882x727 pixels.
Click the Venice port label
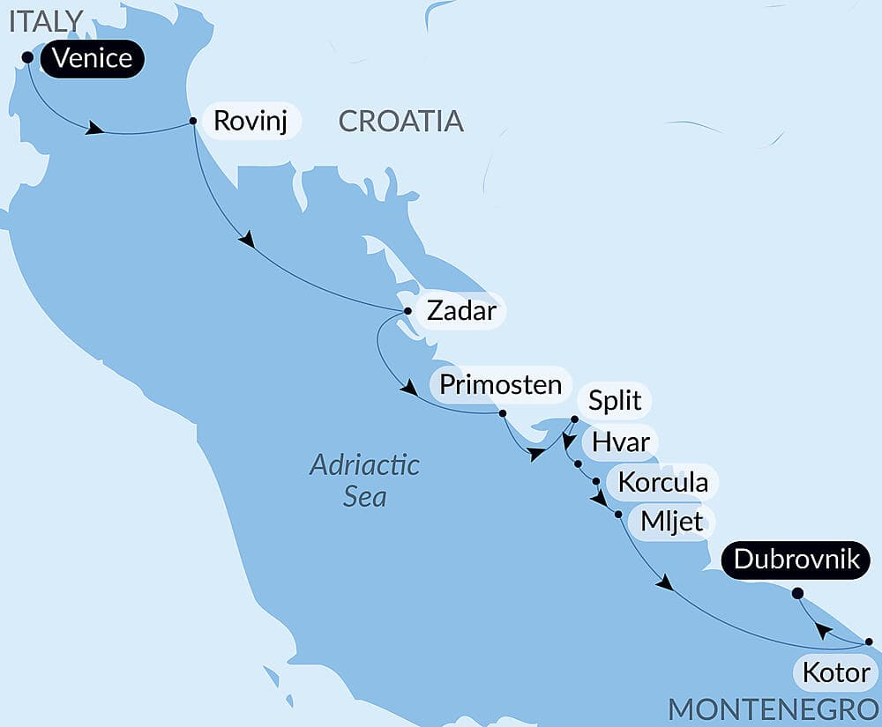(x=92, y=59)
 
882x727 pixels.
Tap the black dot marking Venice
(x=27, y=57)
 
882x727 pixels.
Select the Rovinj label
(x=251, y=120)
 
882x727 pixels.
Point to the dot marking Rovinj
(x=192, y=122)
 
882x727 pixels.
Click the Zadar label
(x=459, y=310)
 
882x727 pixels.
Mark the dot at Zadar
(x=407, y=311)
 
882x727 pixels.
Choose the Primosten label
(x=500, y=384)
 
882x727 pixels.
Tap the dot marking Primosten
(x=502, y=413)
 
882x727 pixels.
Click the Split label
(x=615, y=401)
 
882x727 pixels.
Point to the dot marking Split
(x=574, y=419)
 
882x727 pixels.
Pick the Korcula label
(x=662, y=483)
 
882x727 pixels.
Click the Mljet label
(x=672, y=521)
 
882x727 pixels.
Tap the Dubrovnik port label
(x=796, y=559)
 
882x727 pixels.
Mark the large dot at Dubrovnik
(x=798, y=593)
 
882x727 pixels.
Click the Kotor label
(x=835, y=674)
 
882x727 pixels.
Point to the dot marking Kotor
(x=869, y=642)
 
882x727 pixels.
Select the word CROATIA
(x=400, y=121)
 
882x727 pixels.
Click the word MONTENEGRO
(x=774, y=709)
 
